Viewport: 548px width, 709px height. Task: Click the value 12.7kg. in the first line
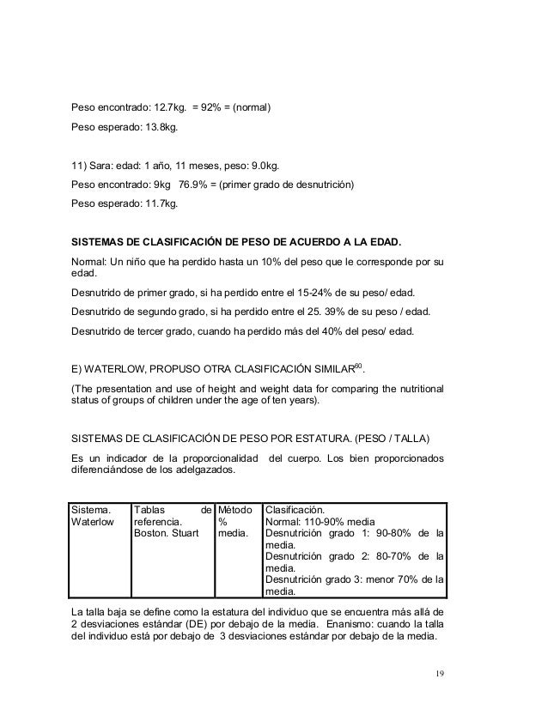pos(169,109)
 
